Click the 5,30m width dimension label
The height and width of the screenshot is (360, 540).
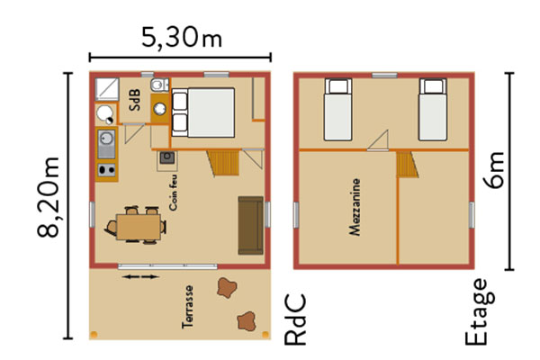(182, 38)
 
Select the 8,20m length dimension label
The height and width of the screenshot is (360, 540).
(49, 197)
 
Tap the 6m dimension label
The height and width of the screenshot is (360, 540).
(494, 170)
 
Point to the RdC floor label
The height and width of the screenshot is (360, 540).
(295, 319)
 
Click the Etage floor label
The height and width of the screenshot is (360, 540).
(480, 311)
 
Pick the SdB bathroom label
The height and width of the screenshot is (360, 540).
(135, 100)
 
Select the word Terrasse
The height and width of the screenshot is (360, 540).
(188, 307)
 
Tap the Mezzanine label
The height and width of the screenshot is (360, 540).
(355, 207)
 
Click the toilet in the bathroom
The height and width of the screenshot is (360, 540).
(159, 85)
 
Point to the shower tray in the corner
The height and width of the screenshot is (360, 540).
(107, 89)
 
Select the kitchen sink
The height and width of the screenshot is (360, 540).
(106, 143)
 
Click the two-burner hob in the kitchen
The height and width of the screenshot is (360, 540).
(106, 170)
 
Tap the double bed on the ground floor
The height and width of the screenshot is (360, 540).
(203, 112)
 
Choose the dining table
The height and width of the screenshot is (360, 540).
(139, 227)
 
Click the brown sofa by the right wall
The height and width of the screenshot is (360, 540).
(251, 225)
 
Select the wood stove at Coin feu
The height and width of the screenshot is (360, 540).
(167, 157)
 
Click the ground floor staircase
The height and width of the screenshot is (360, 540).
(223, 163)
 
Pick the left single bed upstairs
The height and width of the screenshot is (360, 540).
(337, 110)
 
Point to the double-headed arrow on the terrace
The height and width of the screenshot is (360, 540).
(141, 276)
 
